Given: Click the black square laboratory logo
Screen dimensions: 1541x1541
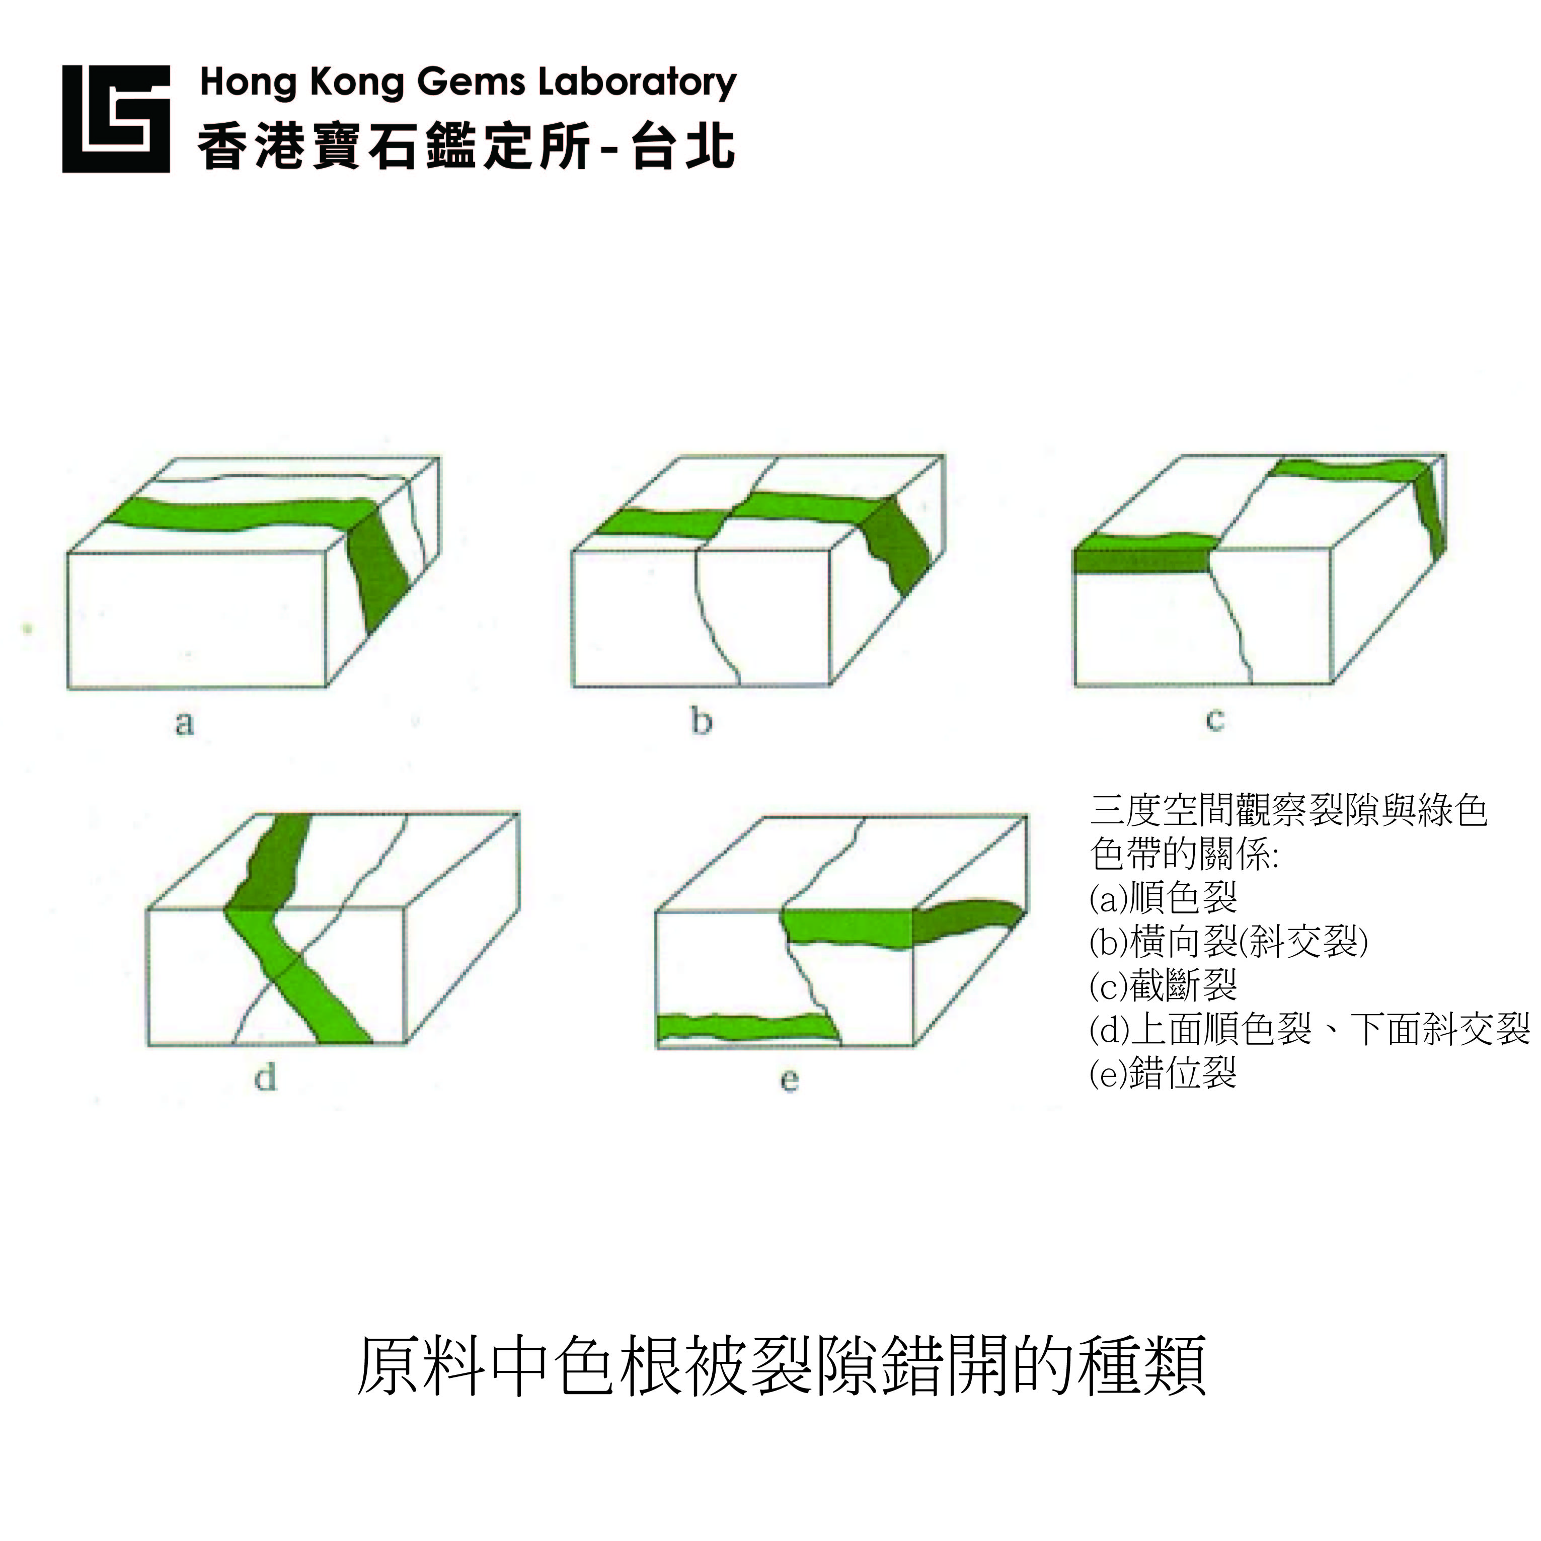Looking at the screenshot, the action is (x=116, y=119).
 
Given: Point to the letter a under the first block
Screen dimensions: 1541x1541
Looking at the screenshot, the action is (x=184, y=723).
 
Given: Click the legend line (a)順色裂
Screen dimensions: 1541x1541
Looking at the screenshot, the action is (x=1163, y=898).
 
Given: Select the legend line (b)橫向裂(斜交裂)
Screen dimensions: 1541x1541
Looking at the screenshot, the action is (x=1229, y=942).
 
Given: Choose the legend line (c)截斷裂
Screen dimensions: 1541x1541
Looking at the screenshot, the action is (x=1163, y=986).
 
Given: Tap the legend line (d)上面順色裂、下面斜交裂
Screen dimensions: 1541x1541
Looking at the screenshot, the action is (x=1309, y=1029).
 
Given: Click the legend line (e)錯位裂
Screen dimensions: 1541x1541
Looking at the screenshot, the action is (x=1163, y=1073).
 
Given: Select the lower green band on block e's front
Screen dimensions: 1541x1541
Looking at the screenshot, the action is (x=748, y=1027).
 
